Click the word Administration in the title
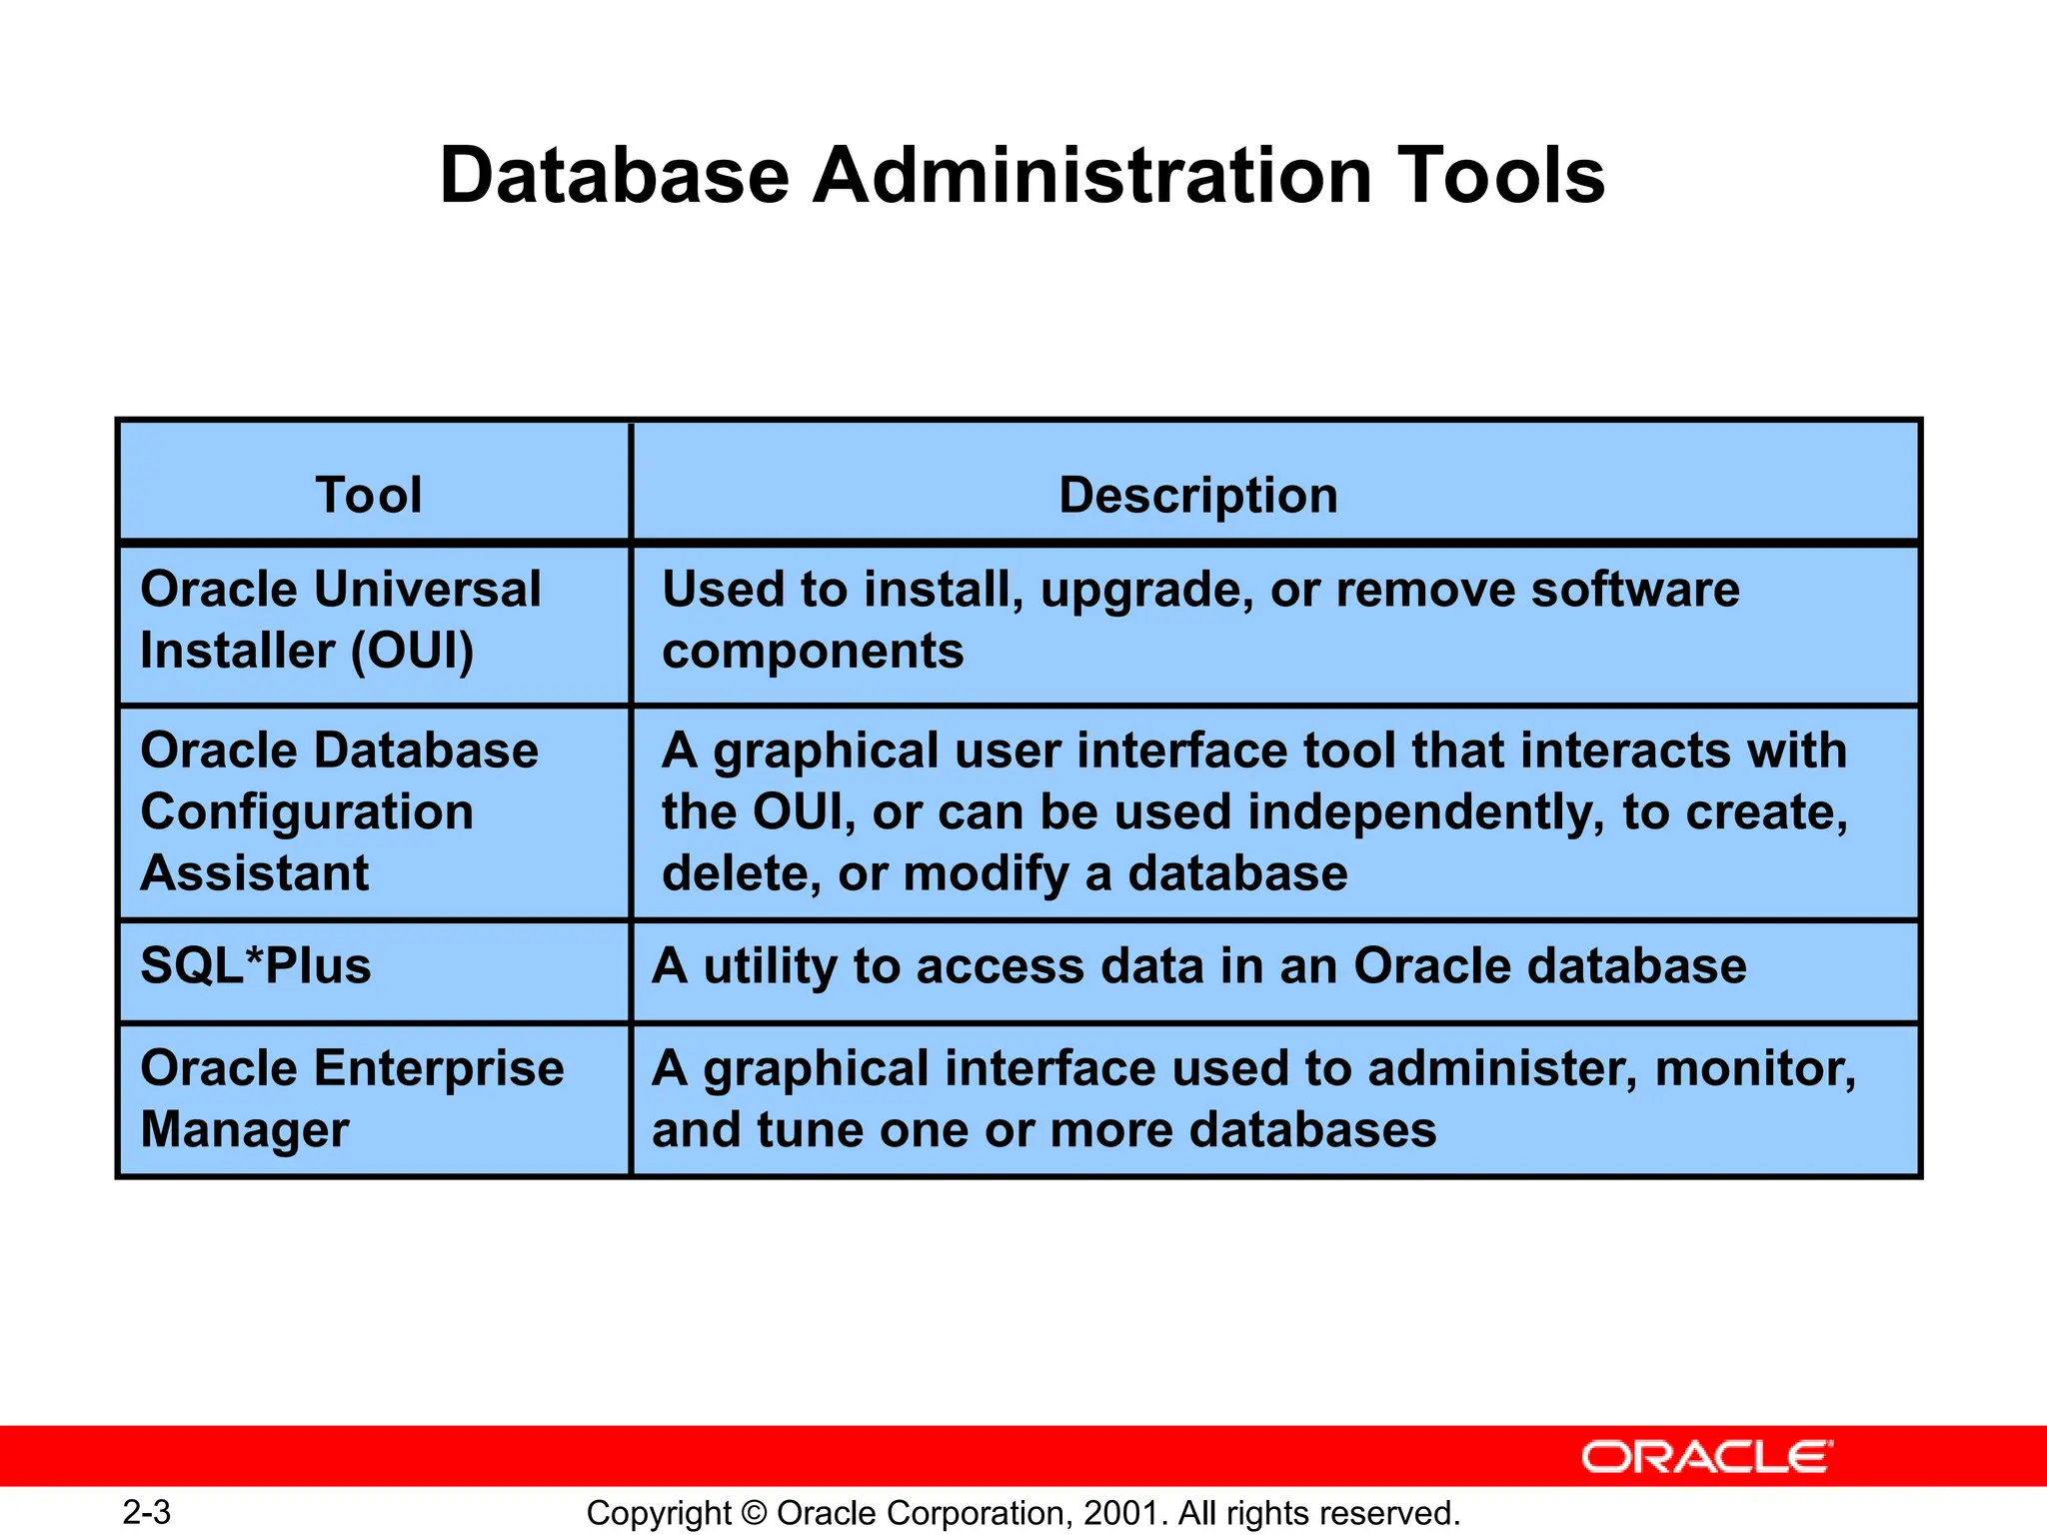click(1091, 176)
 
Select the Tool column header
click(369, 495)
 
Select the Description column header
click(1197, 495)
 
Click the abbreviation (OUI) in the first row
click(412, 651)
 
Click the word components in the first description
click(813, 652)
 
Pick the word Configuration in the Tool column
click(307, 811)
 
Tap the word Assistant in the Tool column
click(255, 873)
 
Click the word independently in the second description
click(1426, 811)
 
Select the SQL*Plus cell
click(256, 966)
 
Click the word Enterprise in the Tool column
click(439, 1068)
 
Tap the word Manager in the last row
click(245, 1130)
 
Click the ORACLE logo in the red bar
click(1707, 1457)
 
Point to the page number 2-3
click(147, 1512)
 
